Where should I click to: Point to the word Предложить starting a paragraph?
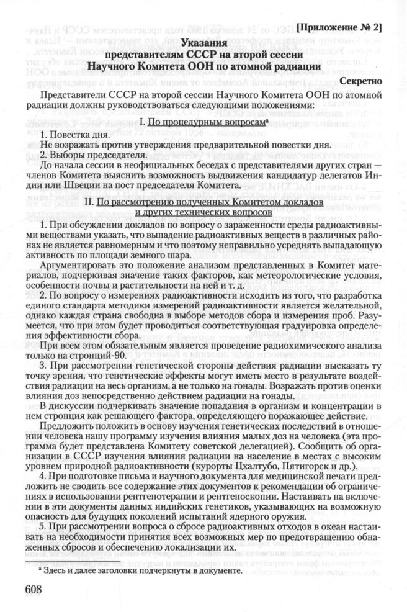click(63, 428)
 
